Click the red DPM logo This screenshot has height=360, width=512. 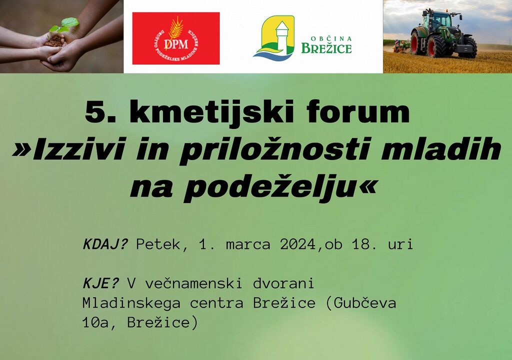(175, 38)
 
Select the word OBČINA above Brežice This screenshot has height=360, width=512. (326, 38)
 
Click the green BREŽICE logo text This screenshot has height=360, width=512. (326, 48)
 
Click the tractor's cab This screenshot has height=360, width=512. (437, 19)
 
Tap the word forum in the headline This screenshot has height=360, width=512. (358, 111)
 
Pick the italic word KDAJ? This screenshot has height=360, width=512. (105, 244)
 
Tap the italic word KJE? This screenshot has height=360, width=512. (100, 283)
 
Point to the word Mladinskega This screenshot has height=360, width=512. (131, 303)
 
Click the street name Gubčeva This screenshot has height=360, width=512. (365, 303)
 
